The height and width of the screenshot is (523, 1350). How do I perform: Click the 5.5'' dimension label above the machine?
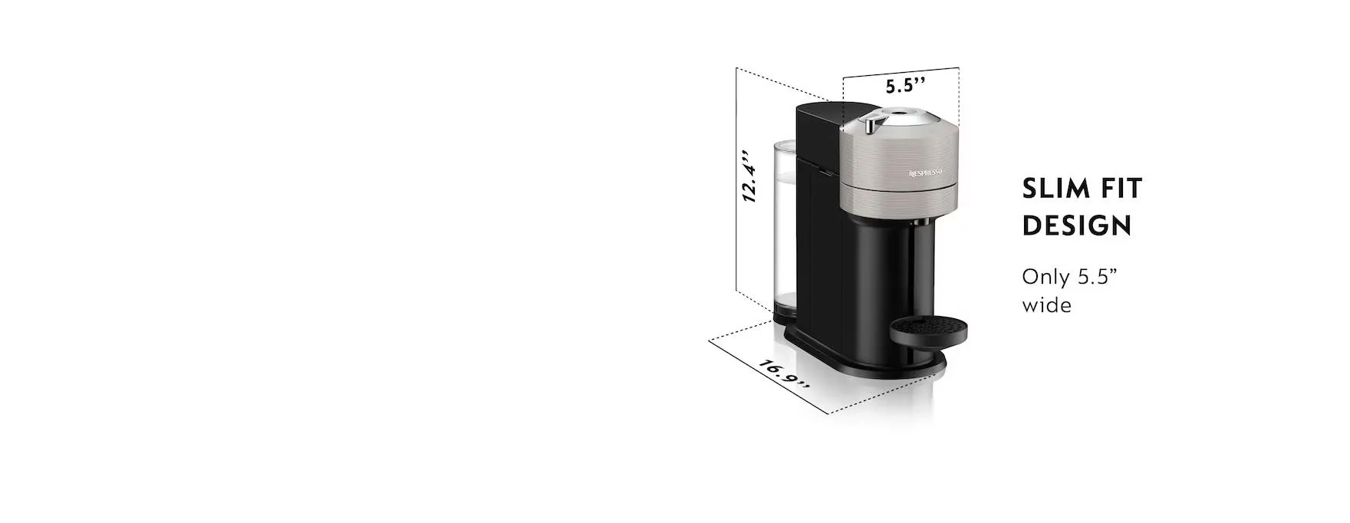[906, 85]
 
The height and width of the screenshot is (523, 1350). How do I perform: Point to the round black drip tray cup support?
[928, 331]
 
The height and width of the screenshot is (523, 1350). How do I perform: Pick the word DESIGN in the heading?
[1077, 225]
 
